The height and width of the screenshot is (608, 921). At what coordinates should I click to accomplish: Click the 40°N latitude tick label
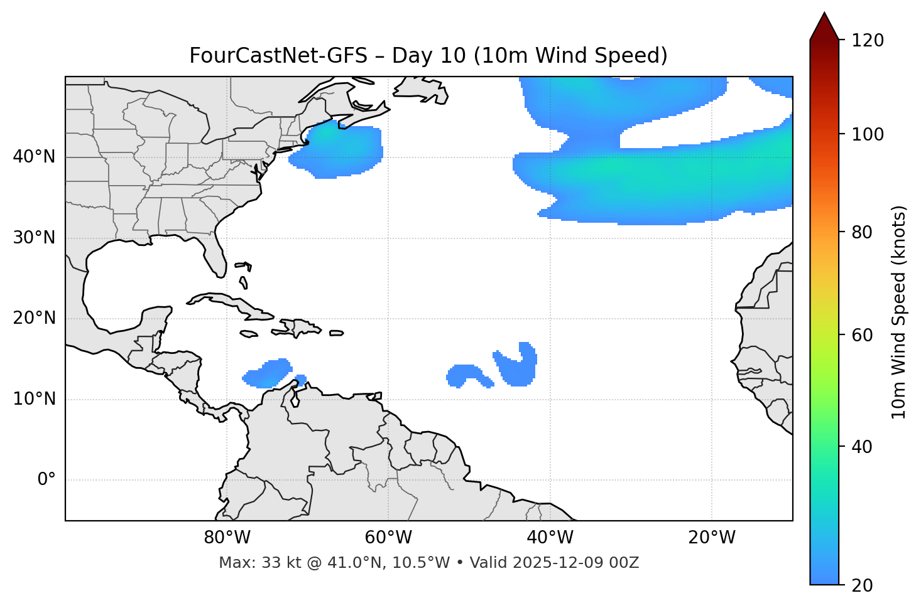[x=34, y=157]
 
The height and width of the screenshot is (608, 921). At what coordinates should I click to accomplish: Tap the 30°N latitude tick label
[x=34, y=238]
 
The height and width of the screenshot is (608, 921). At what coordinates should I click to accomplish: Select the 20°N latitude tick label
[x=34, y=318]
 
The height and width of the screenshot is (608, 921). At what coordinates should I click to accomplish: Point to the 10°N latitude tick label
[x=34, y=399]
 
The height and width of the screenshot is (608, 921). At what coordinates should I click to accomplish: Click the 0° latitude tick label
[x=46, y=480]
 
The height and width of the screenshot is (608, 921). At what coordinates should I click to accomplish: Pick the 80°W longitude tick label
[x=227, y=538]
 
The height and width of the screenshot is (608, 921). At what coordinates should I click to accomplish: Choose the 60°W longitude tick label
[x=388, y=538]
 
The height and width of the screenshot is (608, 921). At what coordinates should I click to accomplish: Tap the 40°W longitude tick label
[x=550, y=538]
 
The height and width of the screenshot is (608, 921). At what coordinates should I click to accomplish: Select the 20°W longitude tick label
[x=712, y=538]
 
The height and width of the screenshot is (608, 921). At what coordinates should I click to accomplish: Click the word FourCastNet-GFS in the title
[x=278, y=56]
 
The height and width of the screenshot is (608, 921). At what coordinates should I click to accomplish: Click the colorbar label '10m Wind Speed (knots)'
[x=899, y=312]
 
